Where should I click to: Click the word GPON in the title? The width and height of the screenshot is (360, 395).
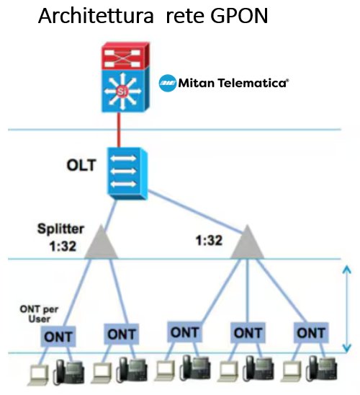[x=239, y=16]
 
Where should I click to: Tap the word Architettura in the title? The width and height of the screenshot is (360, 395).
[x=96, y=16]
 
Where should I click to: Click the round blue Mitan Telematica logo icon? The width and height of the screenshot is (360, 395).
[x=168, y=83]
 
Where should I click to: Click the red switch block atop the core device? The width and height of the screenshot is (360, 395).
[x=125, y=56]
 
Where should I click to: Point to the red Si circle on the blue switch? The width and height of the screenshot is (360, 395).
[x=122, y=92]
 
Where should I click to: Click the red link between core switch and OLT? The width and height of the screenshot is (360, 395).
[x=119, y=130]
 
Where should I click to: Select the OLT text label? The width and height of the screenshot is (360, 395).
[x=81, y=165]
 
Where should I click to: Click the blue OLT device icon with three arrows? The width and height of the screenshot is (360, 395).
[x=127, y=174]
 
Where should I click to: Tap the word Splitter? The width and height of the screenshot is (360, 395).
[x=60, y=229]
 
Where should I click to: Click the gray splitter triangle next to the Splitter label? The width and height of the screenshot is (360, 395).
[x=101, y=242]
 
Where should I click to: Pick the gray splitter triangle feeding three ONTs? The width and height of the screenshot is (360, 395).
[x=248, y=242]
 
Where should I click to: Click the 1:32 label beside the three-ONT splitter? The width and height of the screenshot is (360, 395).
[x=209, y=240]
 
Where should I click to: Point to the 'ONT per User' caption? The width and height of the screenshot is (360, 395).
[x=39, y=314]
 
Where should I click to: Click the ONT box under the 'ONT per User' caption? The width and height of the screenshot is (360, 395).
[x=58, y=337]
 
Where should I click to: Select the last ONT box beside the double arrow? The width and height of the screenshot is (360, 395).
[x=311, y=333]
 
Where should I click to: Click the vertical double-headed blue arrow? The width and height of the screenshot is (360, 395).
[x=347, y=309]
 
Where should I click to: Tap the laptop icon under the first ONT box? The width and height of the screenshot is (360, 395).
[x=38, y=375]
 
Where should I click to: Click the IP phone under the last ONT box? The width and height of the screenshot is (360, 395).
[x=322, y=368]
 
